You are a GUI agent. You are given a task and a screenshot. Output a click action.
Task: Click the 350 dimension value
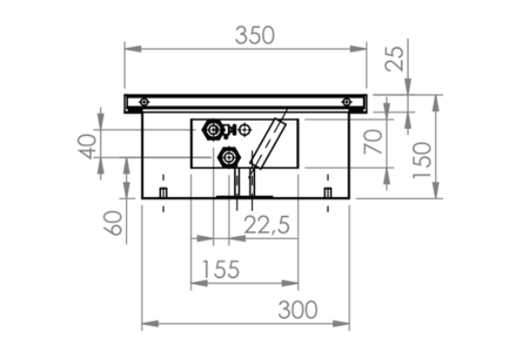[255, 35]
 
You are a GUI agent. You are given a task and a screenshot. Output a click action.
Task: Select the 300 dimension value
[297, 310]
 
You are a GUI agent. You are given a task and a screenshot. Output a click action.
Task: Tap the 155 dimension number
[221, 269]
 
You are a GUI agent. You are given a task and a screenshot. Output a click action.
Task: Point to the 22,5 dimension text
[267, 225]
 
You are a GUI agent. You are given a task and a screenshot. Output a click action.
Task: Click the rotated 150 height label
[422, 160]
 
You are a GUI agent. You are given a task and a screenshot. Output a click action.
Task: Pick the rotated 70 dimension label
[373, 141]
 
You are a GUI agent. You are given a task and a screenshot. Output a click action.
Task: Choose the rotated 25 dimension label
[394, 58]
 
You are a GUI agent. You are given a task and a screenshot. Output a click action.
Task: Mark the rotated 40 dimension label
[87, 147]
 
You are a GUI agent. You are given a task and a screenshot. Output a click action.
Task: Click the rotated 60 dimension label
[113, 223]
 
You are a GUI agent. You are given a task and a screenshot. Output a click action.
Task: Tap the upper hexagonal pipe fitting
[212, 130]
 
